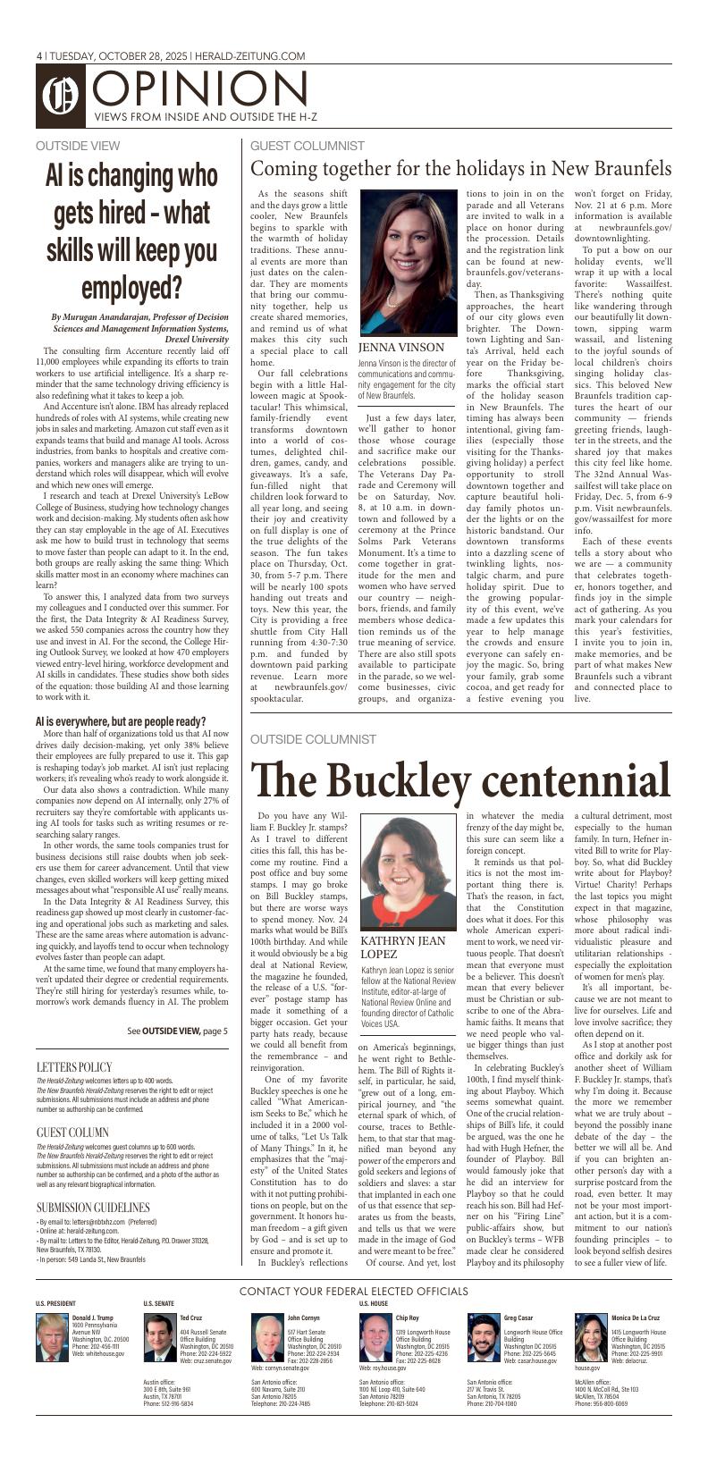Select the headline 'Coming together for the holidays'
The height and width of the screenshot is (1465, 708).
tap(460, 168)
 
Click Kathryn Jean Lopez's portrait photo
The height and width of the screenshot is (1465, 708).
tap(401, 871)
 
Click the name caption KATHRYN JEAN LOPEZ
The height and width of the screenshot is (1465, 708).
tap(402, 948)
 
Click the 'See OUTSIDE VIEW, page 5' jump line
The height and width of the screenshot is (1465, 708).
tap(177, 1031)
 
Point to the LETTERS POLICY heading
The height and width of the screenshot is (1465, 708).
tap(74, 1066)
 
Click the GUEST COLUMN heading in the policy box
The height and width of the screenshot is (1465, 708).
tap(72, 1132)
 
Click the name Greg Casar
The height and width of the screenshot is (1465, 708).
tap(518, 1318)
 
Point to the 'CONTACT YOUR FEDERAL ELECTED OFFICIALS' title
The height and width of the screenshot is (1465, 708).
tap(354, 1291)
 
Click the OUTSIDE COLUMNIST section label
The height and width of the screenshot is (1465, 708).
tap(313, 739)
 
